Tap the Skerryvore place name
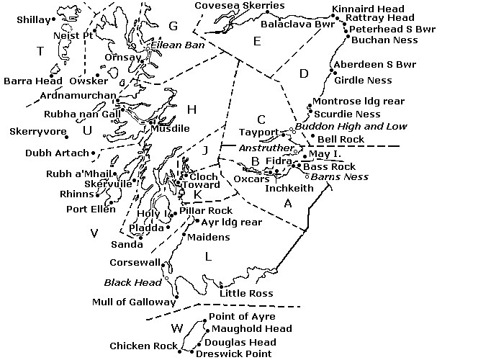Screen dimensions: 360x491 pos(34,131)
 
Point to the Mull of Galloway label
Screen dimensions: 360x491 pos(133,302)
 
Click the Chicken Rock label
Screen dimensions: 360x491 pos(143,346)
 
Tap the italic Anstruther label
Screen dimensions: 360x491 pos(263,148)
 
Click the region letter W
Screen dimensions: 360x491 pos(176,329)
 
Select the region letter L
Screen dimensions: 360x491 pos(208,256)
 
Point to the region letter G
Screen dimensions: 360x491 pos(173,26)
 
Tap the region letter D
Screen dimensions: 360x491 pos(303,73)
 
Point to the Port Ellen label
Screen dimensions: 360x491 pos(86,210)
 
